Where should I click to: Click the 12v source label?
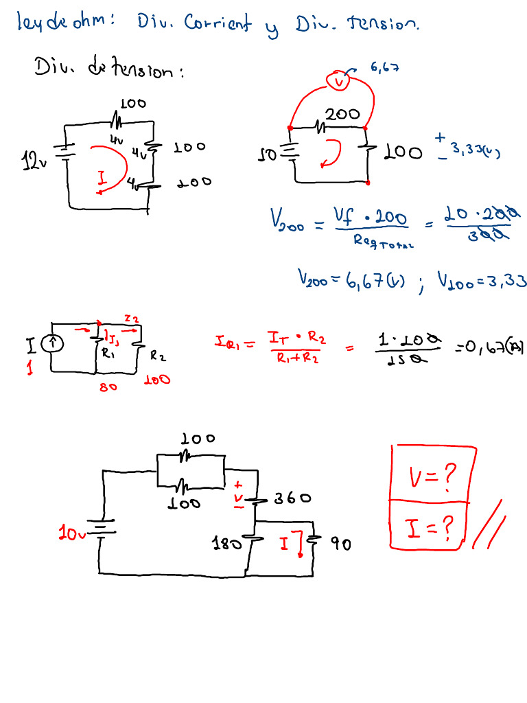32,163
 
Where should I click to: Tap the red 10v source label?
72,533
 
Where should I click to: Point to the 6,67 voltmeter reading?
384,67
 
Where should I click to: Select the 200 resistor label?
342,115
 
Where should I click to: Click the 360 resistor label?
293,498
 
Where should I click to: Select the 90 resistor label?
341,544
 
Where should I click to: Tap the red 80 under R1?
109,387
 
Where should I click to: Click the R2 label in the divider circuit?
158,356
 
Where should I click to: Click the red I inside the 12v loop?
102,180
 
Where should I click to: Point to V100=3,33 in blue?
480,279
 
